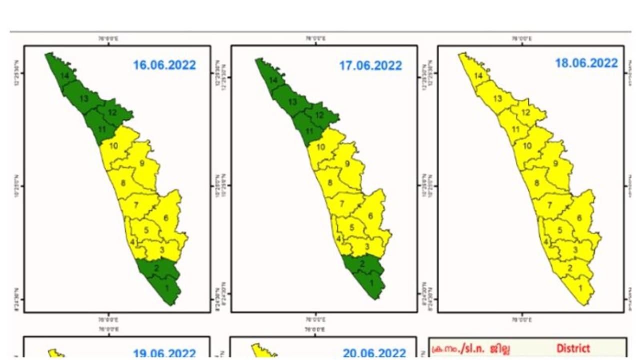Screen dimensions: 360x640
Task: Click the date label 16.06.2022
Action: (x=164, y=65)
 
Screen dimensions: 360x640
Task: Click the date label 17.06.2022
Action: (x=370, y=65)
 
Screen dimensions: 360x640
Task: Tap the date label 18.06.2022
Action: (x=586, y=63)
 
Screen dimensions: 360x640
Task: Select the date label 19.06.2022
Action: (x=164, y=353)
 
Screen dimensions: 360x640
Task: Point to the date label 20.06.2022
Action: (x=374, y=353)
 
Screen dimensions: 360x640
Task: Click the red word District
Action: (x=573, y=348)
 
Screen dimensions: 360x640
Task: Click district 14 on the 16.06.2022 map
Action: (x=64, y=75)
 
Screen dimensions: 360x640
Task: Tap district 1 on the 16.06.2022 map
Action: (x=166, y=287)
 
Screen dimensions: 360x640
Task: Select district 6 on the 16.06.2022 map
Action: (x=165, y=217)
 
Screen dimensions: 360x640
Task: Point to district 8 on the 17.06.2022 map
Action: (x=329, y=182)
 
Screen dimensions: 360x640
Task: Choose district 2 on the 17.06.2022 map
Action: (x=362, y=263)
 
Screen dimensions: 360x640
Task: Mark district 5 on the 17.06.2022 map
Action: (x=352, y=228)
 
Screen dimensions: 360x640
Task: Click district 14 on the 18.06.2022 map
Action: (x=478, y=76)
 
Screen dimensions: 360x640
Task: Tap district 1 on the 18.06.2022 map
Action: (x=580, y=288)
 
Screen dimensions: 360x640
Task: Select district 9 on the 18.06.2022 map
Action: (x=555, y=163)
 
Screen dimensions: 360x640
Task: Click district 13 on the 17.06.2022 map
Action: (x=293, y=102)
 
